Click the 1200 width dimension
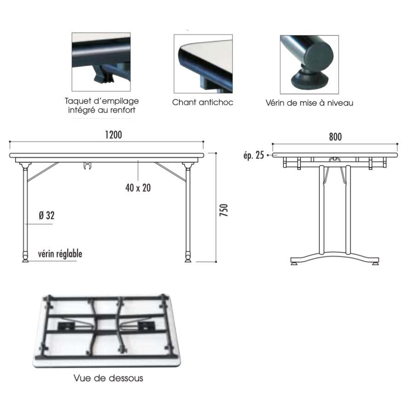114,135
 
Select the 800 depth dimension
335,137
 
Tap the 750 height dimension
224,210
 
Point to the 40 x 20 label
138,188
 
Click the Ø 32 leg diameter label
47,215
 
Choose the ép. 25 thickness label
254,155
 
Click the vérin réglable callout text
60,254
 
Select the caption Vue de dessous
108,378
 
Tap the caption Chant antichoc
202,102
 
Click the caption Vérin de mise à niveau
309,103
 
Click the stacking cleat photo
101,62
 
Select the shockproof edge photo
203,63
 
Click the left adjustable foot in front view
25,258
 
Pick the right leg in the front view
188,211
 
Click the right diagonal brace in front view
170,172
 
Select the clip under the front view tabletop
87,166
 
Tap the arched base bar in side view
335,257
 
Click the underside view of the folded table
107,330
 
